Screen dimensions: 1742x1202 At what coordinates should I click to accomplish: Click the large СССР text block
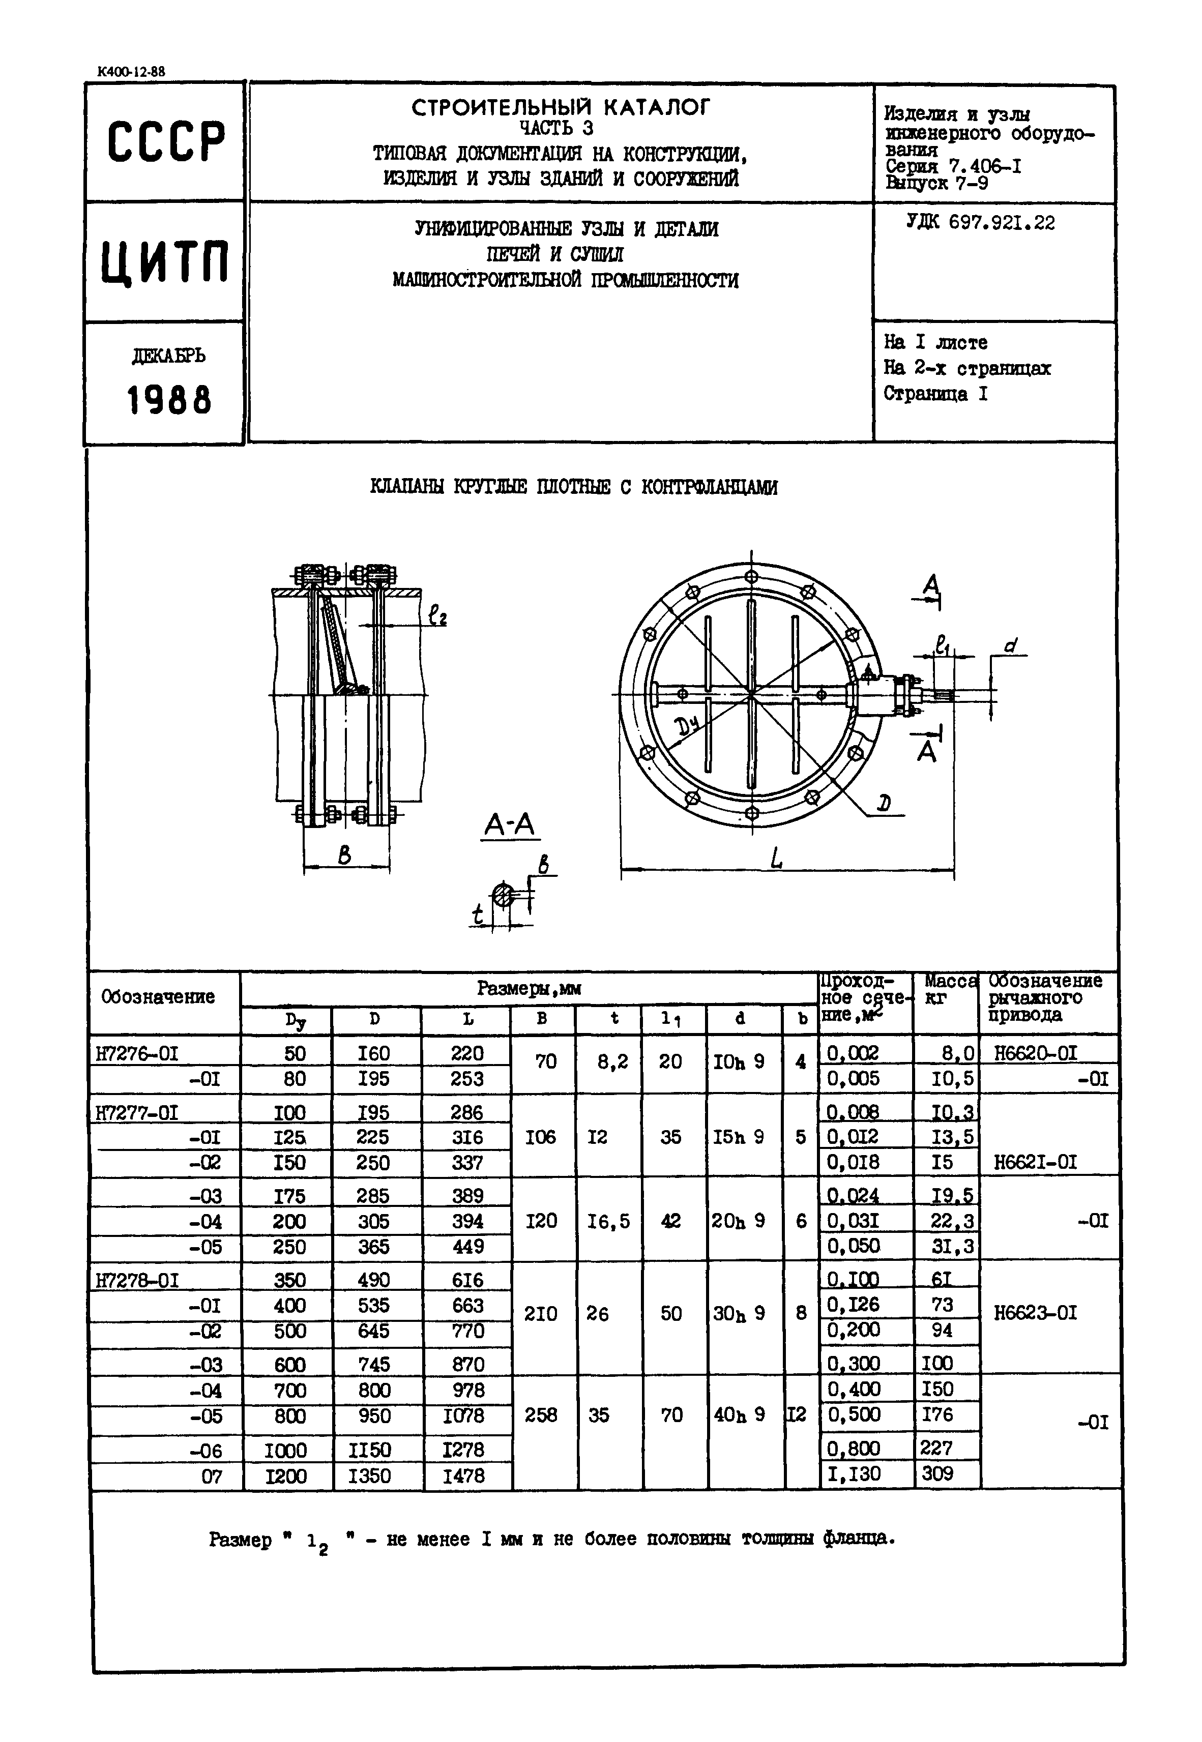(x=166, y=141)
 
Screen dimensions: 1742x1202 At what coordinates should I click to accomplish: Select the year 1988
(x=169, y=400)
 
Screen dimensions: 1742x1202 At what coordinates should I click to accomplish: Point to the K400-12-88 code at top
(x=131, y=72)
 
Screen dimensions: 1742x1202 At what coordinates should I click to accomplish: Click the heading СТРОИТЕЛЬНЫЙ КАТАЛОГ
(x=561, y=108)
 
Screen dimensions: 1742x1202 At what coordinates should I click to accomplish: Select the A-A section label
(x=509, y=826)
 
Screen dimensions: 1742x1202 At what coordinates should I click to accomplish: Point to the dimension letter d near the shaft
(x=1011, y=646)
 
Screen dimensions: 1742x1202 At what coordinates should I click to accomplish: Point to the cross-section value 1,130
(x=854, y=1473)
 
